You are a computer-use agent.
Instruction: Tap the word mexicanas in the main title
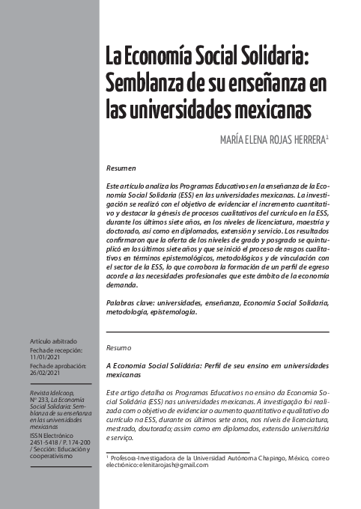(267, 108)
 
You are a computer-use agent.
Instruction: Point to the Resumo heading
(119, 348)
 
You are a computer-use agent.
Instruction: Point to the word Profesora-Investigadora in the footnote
(143, 457)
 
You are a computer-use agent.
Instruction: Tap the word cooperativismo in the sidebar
(52, 457)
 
